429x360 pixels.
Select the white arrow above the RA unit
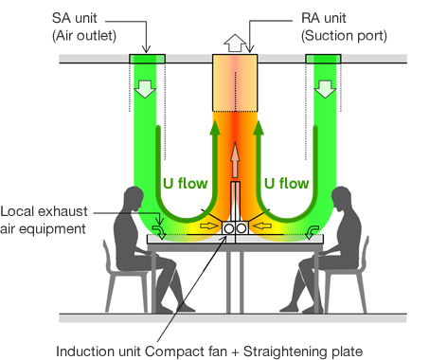tap(232, 43)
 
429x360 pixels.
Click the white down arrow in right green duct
tap(324, 89)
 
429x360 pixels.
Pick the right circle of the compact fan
tap(241, 229)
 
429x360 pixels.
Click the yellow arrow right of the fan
tap(265, 229)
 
